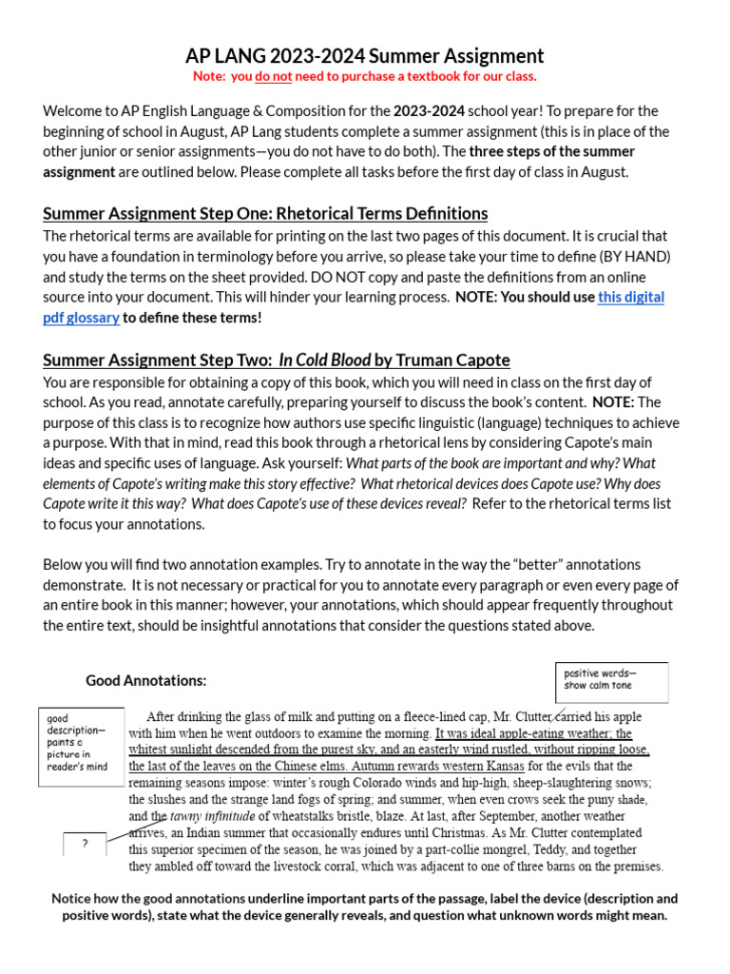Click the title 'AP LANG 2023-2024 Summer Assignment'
(x=365, y=56)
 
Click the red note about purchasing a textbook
(x=365, y=76)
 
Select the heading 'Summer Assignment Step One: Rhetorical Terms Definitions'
(x=265, y=213)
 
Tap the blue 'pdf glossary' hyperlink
(x=82, y=318)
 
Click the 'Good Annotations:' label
(x=145, y=680)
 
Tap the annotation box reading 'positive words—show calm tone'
(x=611, y=680)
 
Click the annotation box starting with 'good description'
(x=81, y=747)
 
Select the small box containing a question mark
(x=85, y=843)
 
